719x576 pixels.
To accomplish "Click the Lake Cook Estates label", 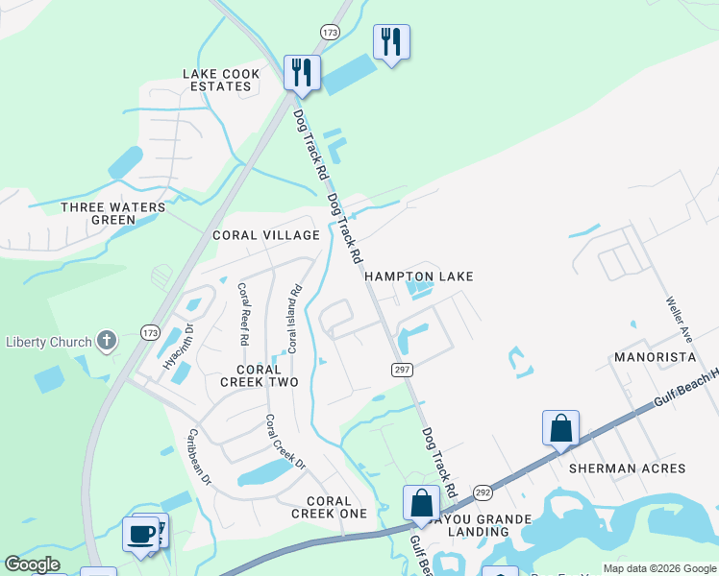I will tap(218, 80).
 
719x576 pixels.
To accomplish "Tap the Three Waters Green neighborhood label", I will tap(99, 213).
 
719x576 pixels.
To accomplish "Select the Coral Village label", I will tap(266, 235).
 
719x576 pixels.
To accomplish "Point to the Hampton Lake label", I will tap(419, 276).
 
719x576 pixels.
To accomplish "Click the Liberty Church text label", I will tap(48, 342).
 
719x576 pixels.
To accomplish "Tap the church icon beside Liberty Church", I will tap(107, 341).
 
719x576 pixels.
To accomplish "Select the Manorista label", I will tap(655, 357).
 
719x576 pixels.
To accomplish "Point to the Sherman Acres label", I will tap(627, 468).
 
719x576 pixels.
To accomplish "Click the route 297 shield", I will tap(403, 370).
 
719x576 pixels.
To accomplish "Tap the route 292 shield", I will tap(483, 492).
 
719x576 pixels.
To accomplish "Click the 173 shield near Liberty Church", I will tap(150, 333).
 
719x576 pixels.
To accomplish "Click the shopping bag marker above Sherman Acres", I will tap(560, 429).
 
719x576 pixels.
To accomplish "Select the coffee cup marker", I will tap(140, 535).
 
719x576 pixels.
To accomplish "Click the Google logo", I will tap(32, 565).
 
